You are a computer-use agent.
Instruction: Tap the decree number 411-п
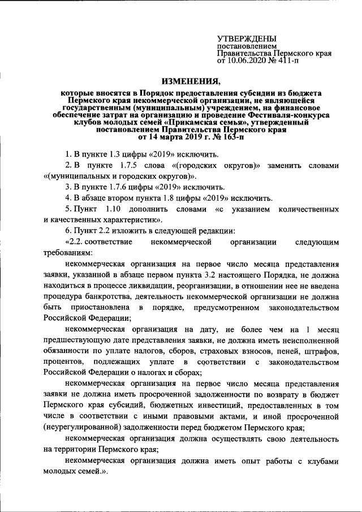[287, 59]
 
